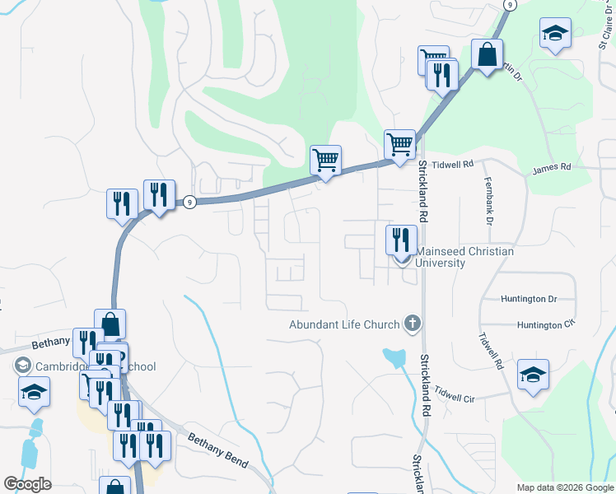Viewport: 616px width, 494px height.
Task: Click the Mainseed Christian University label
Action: click(465, 257)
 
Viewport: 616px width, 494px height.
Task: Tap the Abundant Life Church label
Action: click(343, 324)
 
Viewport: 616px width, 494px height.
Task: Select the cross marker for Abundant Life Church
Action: click(413, 324)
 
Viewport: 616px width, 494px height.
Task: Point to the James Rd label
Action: click(551, 168)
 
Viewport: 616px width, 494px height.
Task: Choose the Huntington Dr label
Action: click(530, 299)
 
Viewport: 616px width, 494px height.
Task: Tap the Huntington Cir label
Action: click(544, 324)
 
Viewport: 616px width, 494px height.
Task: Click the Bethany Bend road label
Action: click(217, 449)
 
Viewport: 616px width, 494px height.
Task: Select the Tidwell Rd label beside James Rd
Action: click(456, 165)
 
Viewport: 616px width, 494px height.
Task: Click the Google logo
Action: click(27, 484)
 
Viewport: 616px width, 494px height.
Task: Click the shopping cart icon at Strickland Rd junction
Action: click(400, 144)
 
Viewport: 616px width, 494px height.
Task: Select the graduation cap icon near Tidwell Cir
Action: click(533, 375)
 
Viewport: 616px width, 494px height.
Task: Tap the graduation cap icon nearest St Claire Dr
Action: click(556, 34)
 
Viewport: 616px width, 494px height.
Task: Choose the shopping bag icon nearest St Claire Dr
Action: click(488, 55)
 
